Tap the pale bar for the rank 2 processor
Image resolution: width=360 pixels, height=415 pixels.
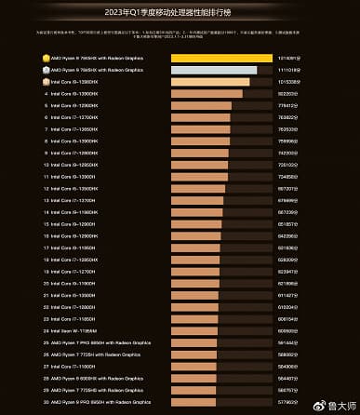[214, 70]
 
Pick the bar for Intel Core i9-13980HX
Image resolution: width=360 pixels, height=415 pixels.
[210, 82]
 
